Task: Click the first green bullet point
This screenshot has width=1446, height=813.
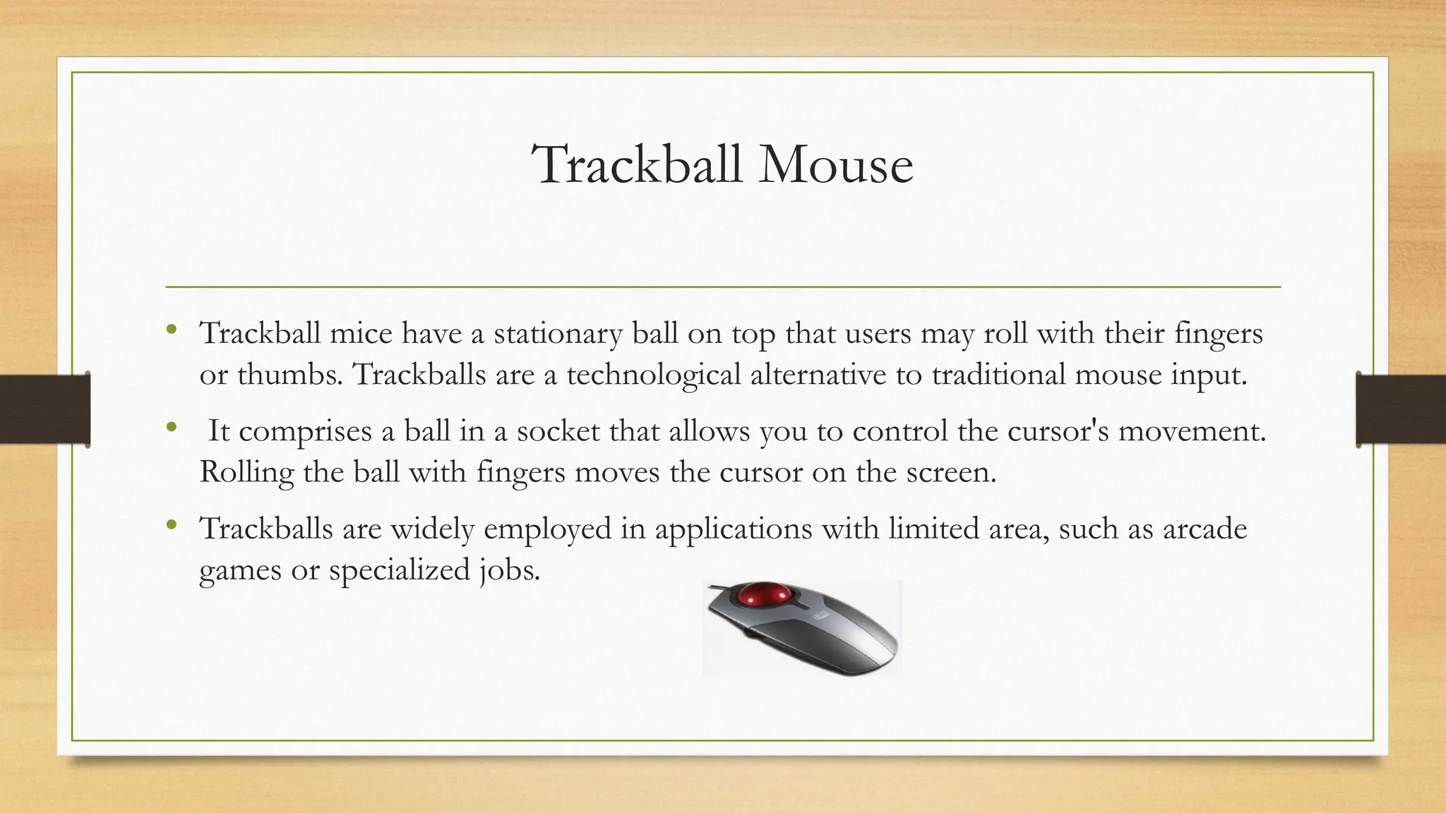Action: pos(171,329)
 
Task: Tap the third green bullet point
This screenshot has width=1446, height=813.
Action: pos(171,524)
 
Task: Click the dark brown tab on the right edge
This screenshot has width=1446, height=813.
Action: pos(1401,409)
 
